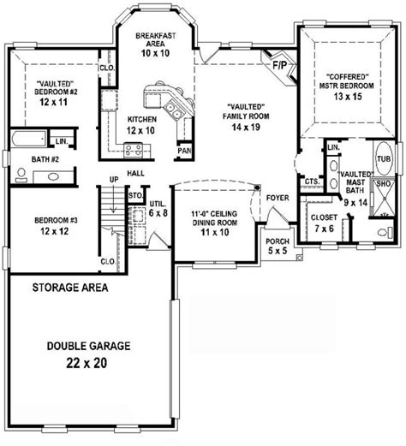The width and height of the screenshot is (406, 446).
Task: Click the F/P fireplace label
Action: (279, 65)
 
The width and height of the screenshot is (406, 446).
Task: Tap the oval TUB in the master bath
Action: (384, 158)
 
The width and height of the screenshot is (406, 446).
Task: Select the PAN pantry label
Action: (184, 151)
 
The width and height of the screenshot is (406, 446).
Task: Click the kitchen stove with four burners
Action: (134, 150)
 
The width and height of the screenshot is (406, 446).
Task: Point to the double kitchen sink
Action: (173, 110)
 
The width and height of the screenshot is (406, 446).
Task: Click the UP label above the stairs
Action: (114, 180)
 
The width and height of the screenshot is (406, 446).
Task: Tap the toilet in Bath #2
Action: (21, 175)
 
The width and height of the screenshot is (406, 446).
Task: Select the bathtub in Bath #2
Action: (28, 139)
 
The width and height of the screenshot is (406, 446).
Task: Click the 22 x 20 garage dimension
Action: (87, 363)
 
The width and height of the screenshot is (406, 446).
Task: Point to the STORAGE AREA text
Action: (70, 288)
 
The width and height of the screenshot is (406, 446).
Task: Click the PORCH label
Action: (278, 241)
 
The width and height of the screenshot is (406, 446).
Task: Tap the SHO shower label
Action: (383, 184)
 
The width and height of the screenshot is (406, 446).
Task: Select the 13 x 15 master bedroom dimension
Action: (348, 97)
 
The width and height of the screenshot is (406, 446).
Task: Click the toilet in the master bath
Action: (385, 232)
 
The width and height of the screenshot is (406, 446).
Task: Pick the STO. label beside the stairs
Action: (135, 196)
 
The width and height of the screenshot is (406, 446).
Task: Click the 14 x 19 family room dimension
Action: (246, 127)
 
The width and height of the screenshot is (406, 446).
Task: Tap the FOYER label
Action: (278, 198)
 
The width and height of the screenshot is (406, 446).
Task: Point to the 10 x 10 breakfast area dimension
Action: (155, 53)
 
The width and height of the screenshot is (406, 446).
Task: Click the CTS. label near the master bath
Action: (313, 181)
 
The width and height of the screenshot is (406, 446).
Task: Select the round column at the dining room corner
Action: (257, 187)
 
